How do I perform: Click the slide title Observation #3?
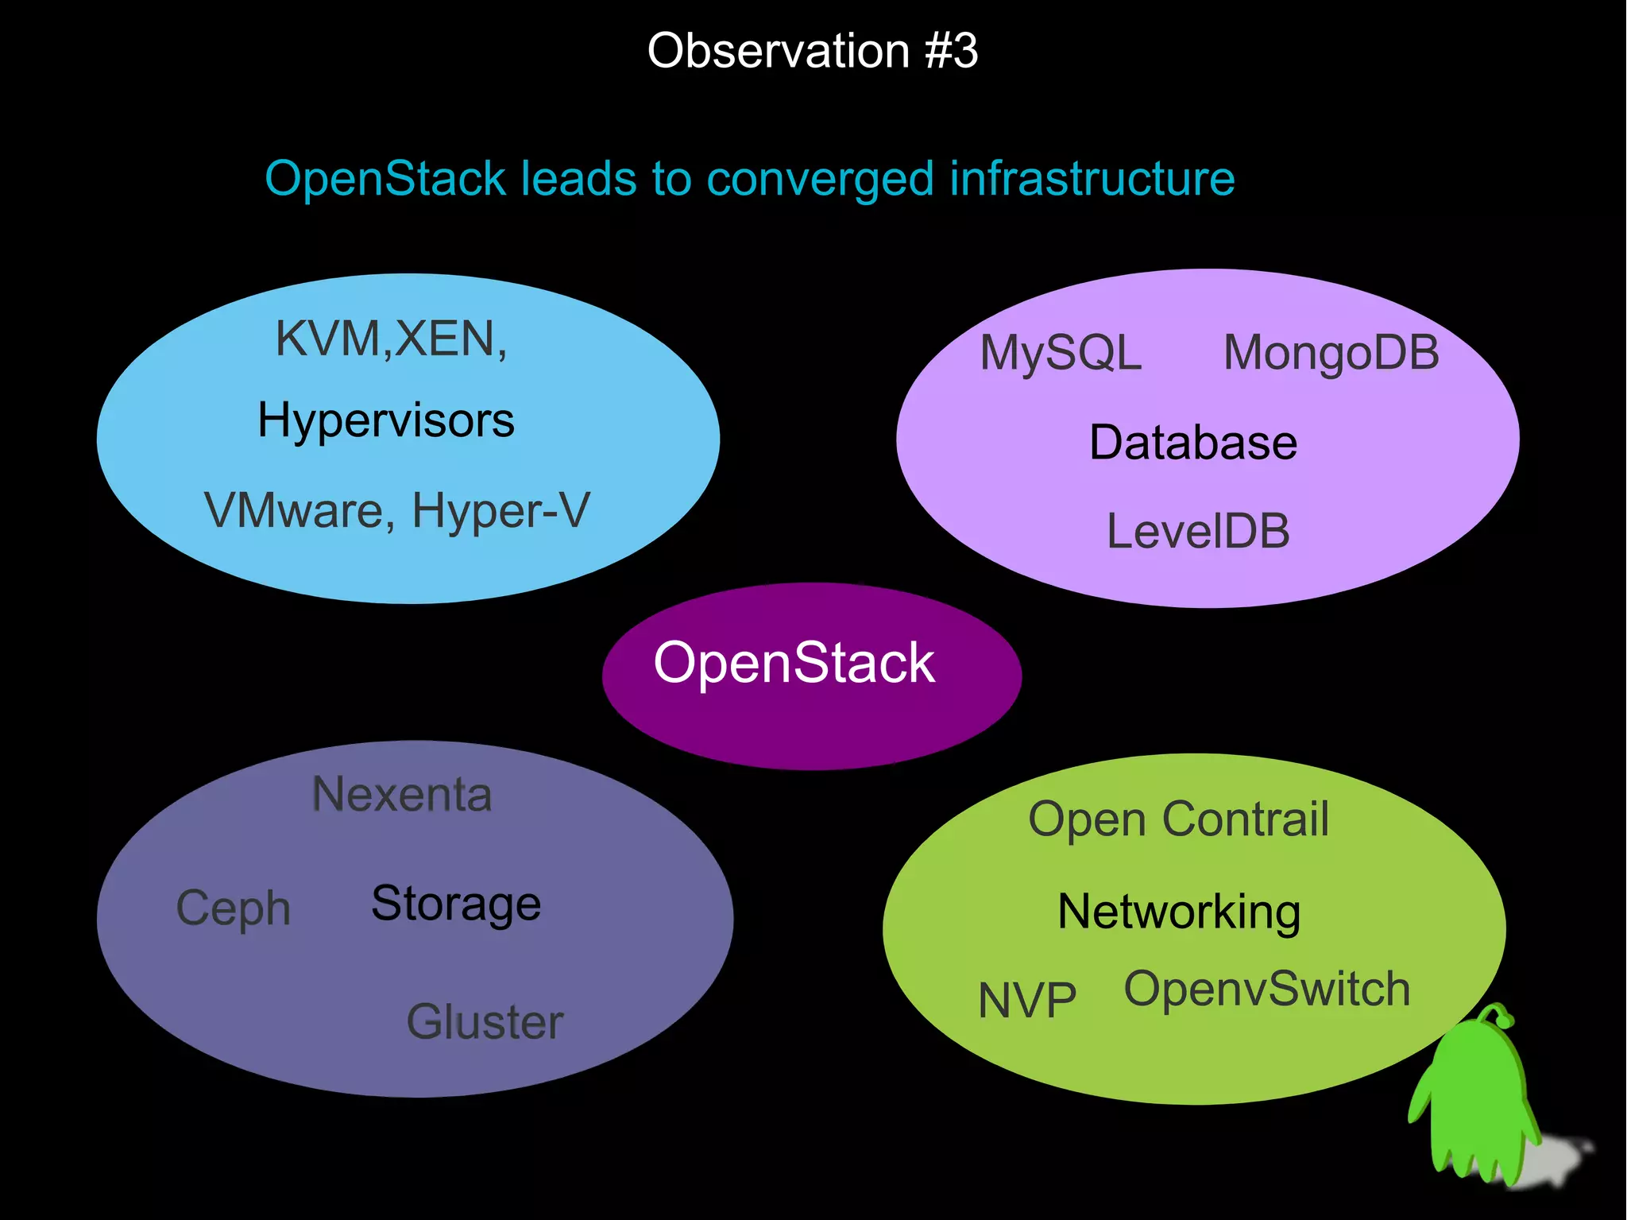point(812,51)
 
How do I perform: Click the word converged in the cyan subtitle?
point(820,180)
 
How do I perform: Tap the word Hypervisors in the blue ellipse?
point(386,420)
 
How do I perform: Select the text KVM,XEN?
point(391,339)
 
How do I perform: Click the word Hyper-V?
point(500,510)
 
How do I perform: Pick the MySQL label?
point(1061,354)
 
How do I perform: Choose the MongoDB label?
point(1331,354)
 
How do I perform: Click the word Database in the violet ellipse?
point(1192,443)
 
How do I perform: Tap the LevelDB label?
point(1198,531)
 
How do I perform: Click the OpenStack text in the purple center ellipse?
point(794,663)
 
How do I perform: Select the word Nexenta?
point(402,794)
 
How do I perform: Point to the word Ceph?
point(233,908)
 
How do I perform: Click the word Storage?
point(456,904)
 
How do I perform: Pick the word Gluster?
point(485,1022)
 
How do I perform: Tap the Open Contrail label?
point(1178,819)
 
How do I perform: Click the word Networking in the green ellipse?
point(1179,912)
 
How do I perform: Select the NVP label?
point(1027,1001)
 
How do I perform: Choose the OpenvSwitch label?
point(1267,990)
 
